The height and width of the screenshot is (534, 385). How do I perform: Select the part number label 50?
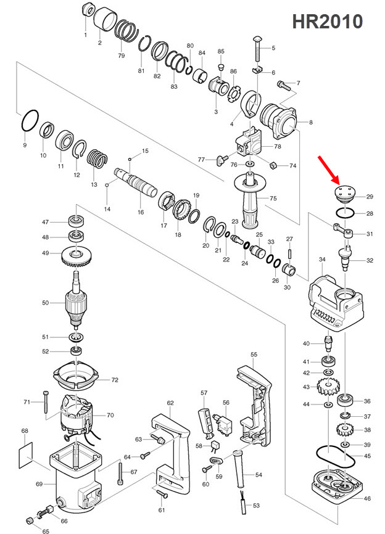(x=45, y=302)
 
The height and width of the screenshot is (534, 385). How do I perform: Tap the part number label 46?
(x=368, y=498)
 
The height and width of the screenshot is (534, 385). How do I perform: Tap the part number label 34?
(x=321, y=260)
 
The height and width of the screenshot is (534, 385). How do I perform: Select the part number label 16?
(x=141, y=212)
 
